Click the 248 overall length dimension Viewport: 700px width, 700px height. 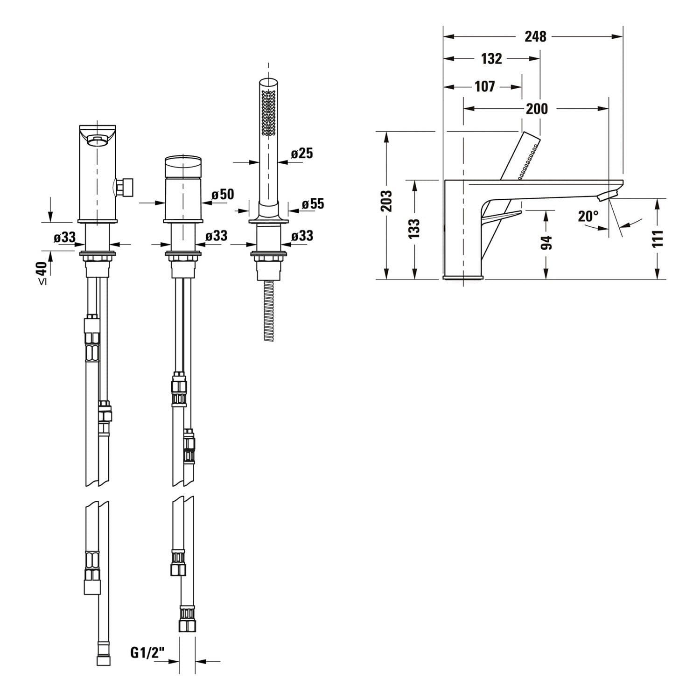point(535,36)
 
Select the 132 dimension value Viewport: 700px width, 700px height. point(491,59)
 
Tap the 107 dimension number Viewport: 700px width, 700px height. point(485,86)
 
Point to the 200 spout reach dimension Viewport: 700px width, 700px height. point(537,109)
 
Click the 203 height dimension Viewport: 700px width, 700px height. point(386,201)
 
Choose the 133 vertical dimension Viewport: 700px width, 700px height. point(414,229)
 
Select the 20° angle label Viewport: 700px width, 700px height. point(588,217)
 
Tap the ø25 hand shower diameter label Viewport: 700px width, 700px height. point(302,153)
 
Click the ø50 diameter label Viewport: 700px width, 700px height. point(223,194)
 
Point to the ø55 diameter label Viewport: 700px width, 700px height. point(313,204)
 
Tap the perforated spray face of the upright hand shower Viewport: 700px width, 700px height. point(268,113)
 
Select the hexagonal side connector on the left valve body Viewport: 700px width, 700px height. point(125,187)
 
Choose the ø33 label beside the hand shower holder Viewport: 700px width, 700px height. point(302,236)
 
